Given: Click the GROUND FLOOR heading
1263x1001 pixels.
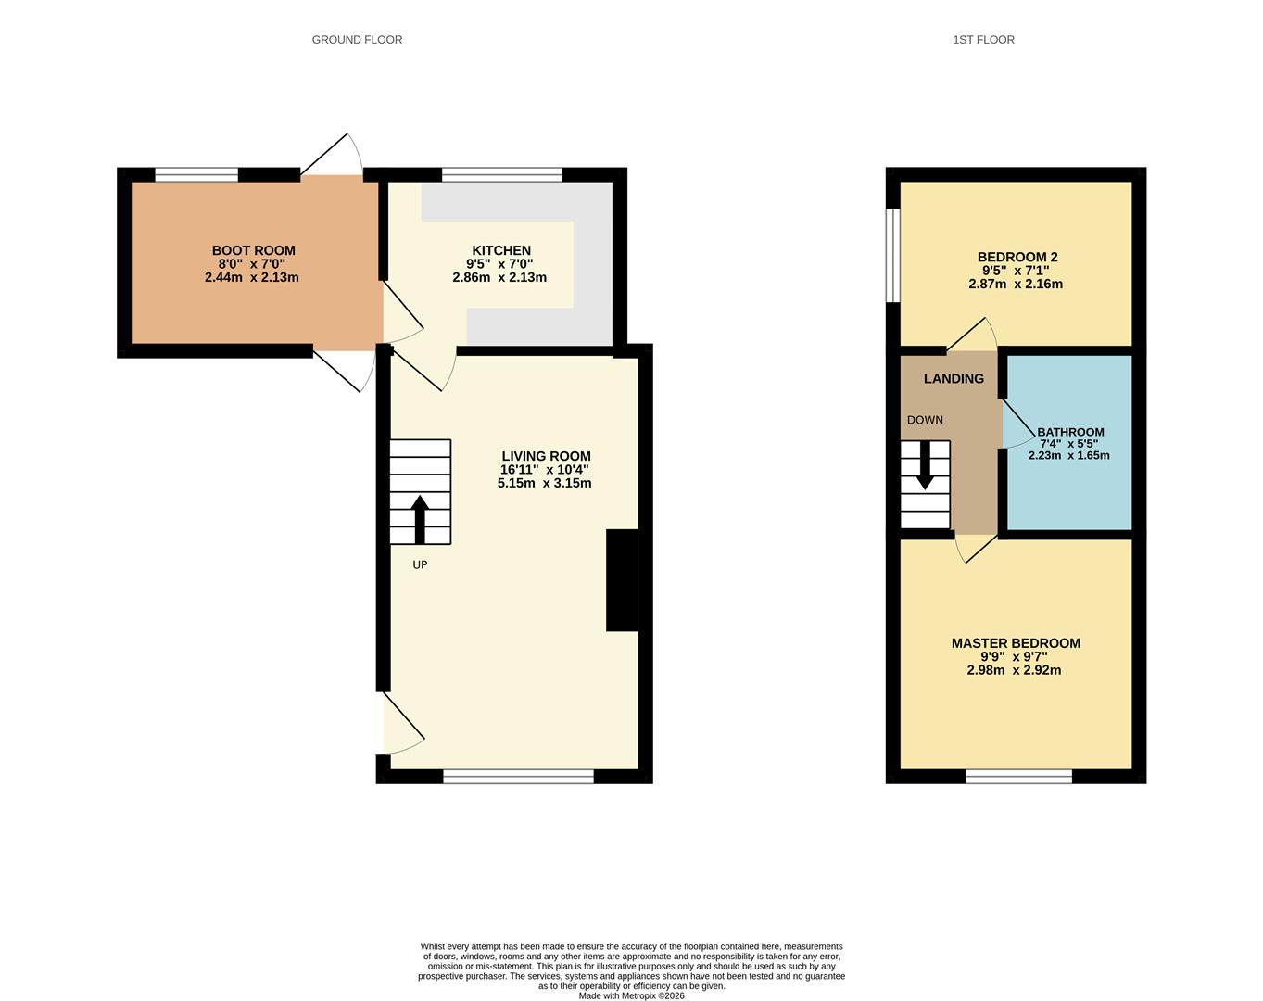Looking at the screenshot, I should [x=357, y=40].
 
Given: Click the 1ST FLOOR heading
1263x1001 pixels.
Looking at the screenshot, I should [x=983, y=40].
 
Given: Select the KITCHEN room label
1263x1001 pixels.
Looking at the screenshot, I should [x=501, y=250].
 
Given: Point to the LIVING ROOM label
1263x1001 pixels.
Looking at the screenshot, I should [x=546, y=456].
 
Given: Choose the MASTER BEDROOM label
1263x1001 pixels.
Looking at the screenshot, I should [x=1016, y=643].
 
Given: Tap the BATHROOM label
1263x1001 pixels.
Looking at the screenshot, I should [x=1070, y=432].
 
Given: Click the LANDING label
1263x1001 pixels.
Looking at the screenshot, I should [x=954, y=378].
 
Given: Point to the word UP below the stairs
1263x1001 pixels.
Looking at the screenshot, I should [x=420, y=564].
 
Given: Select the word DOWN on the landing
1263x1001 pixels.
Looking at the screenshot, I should [x=925, y=420].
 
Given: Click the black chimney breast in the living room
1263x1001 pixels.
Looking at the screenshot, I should [x=622, y=580].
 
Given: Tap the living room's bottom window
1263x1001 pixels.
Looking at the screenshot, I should [x=518, y=777].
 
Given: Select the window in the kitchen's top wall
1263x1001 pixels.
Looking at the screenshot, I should [x=501, y=174].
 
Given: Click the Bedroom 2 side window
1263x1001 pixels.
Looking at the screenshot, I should [x=893, y=255].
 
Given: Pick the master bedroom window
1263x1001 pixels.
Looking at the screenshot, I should [x=1018, y=777].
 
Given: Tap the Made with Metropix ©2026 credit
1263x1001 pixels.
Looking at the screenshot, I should [x=631, y=996].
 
